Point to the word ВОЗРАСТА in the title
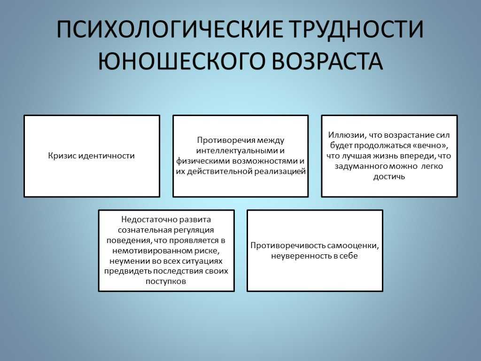click(327, 61)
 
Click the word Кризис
click(62, 156)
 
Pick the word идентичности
click(107, 156)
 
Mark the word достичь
click(389, 177)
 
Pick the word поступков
click(166, 282)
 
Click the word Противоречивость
click(287, 245)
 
